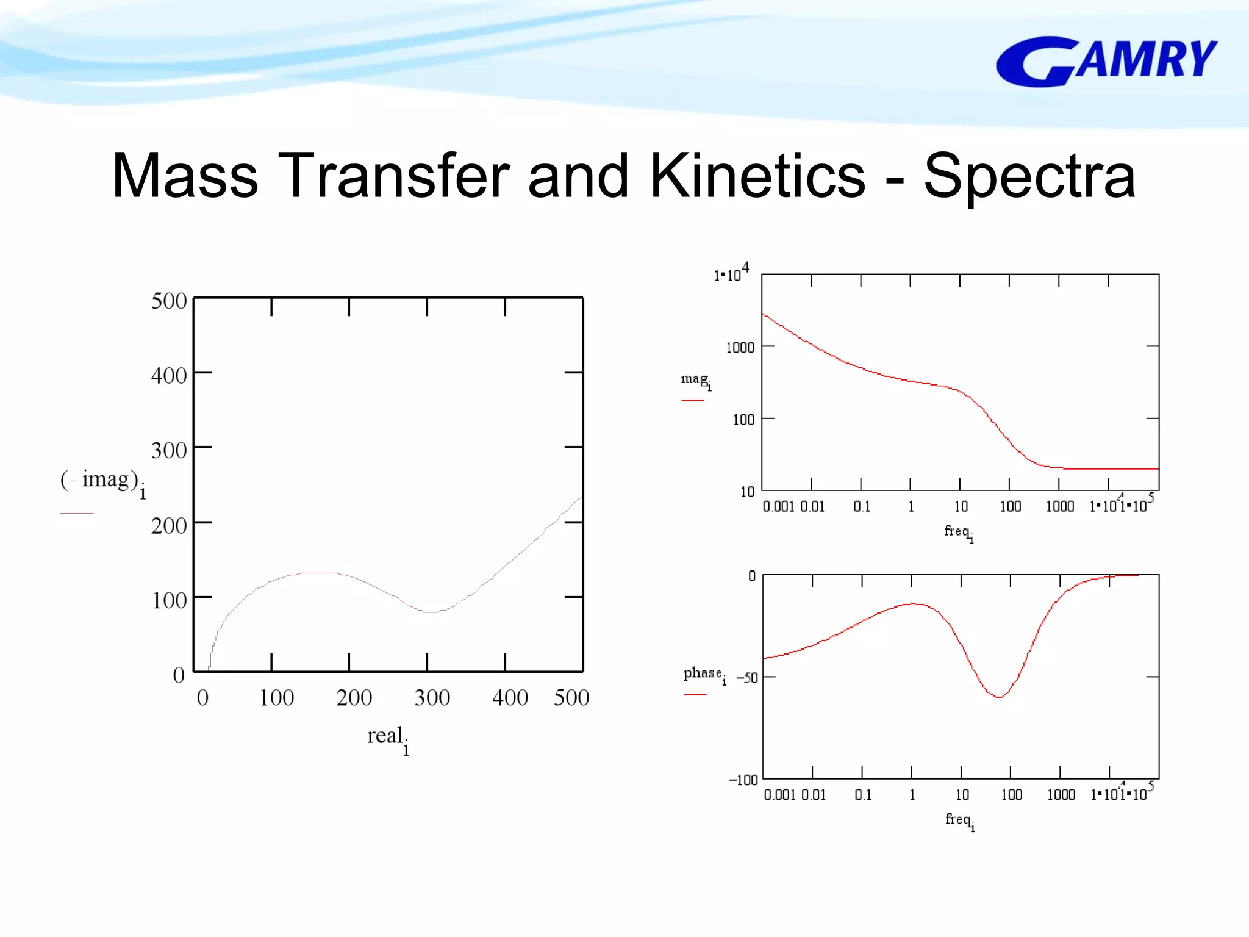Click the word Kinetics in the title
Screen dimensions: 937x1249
click(757, 176)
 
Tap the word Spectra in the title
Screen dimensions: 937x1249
click(1029, 176)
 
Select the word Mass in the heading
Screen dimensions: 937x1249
click(185, 176)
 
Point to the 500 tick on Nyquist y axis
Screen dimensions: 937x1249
click(169, 301)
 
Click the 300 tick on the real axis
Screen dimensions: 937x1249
click(432, 697)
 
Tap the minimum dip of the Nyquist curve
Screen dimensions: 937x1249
click(431, 611)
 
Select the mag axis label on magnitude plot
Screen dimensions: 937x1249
click(695, 380)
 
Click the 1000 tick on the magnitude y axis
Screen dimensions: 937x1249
click(740, 348)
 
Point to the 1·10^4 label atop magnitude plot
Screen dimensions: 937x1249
click(731, 273)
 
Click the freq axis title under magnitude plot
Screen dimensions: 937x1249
click(958, 532)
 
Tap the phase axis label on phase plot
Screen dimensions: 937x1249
click(704, 673)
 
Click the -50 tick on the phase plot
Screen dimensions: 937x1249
click(747, 678)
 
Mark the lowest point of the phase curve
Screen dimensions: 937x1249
click(999, 697)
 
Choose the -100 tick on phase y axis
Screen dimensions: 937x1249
click(743, 780)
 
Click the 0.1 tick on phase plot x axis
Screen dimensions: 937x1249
click(863, 794)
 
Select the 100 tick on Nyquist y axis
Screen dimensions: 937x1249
click(169, 601)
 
